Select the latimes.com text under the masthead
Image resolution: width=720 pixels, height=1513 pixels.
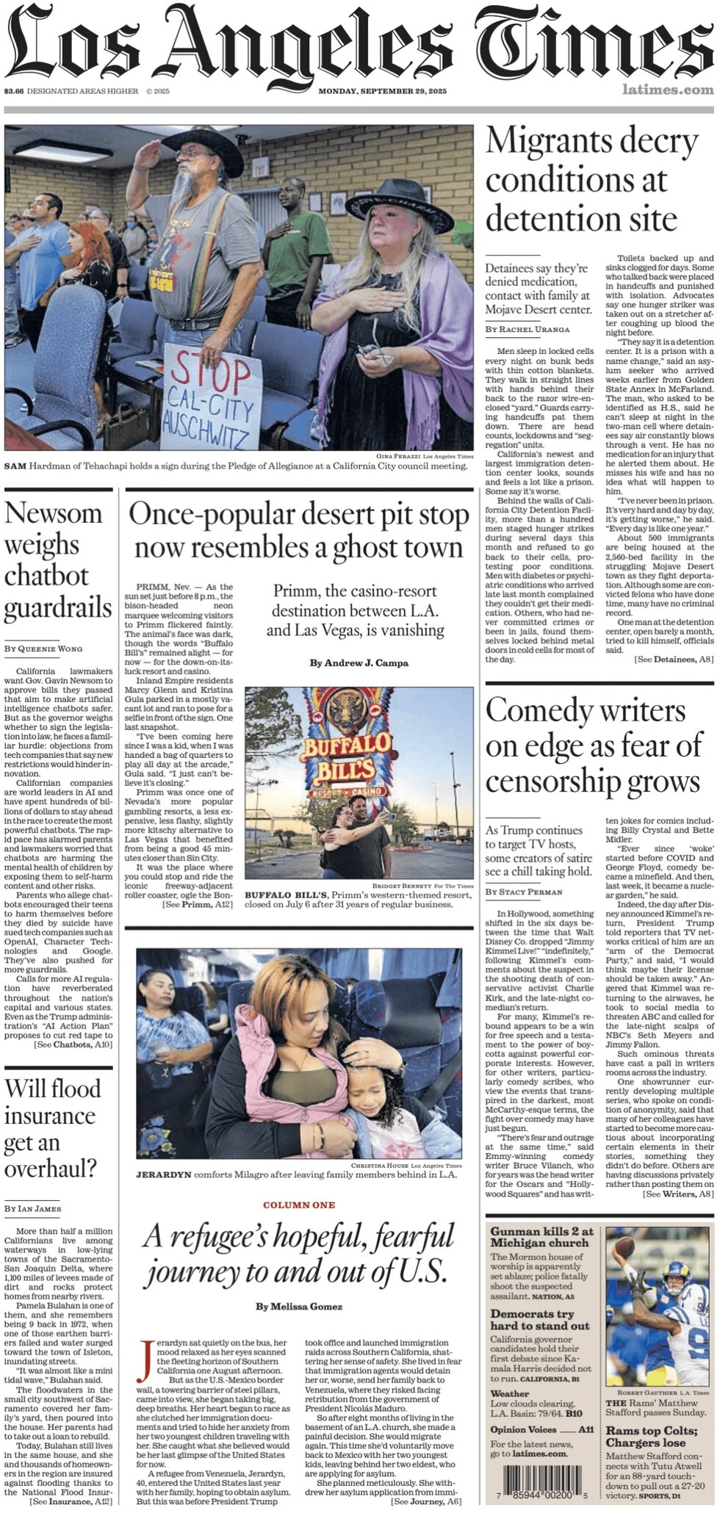click(667, 90)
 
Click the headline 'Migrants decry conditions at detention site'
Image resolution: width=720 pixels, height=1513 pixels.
click(592, 180)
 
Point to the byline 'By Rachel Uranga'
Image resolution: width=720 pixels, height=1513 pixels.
click(527, 329)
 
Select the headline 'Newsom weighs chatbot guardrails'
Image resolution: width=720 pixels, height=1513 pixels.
click(58, 560)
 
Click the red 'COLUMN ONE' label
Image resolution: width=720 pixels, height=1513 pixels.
click(299, 1205)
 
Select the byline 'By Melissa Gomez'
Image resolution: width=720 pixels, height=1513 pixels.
click(299, 1307)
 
